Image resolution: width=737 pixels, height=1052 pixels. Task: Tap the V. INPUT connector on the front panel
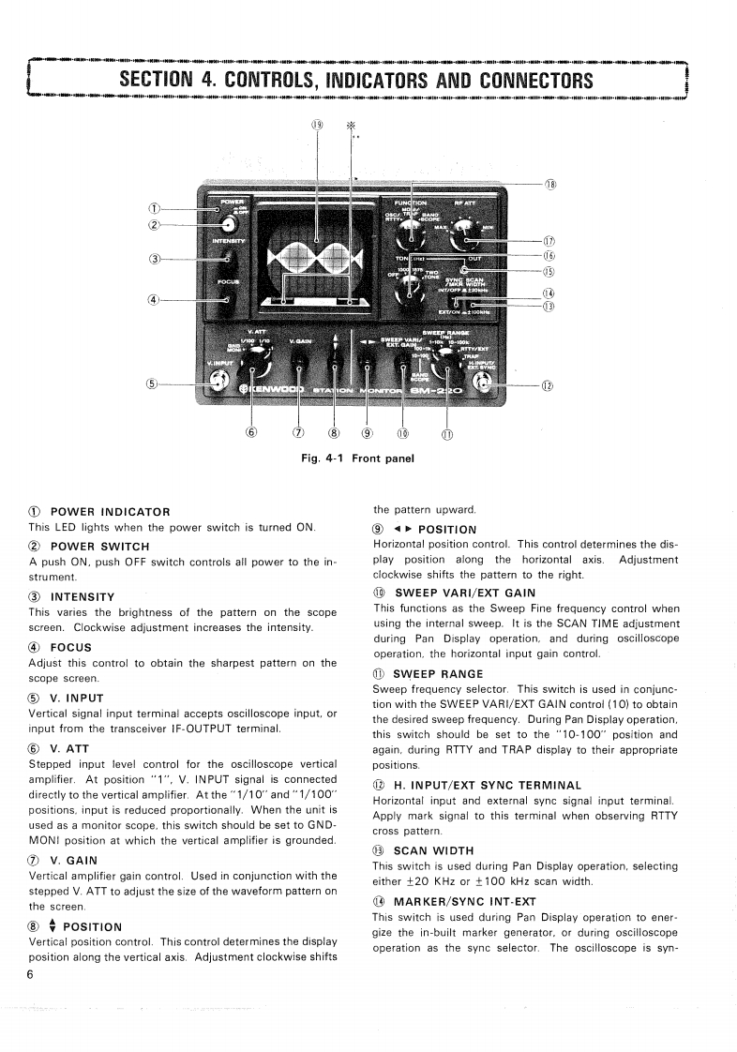click(220, 381)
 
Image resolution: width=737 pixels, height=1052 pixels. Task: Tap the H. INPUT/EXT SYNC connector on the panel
click(486, 381)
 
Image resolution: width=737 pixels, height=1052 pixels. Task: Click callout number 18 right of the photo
click(551, 184)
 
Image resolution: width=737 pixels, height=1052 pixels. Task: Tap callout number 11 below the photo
click(445, 433)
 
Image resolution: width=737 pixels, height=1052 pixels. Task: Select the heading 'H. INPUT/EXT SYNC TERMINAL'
click(488, 785)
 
